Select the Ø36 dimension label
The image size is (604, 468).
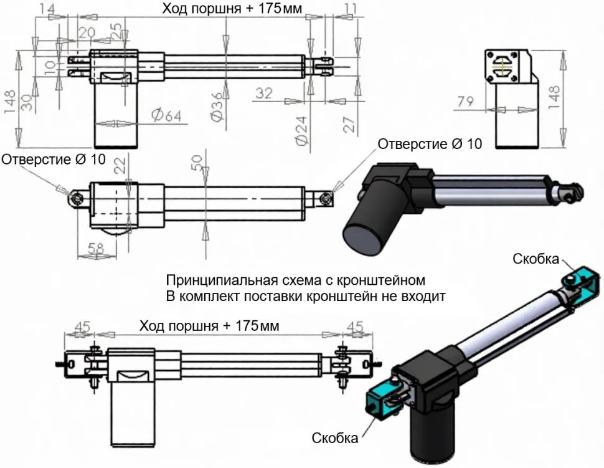click(x=217, y=107)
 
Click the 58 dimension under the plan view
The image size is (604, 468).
click(x=95, y=249)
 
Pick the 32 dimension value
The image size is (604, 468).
click(x=264, y=93)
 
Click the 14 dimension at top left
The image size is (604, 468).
click(x=47, y=8)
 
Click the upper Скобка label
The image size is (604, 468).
click(x=536, y=259)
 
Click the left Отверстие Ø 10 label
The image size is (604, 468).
click(x=54, y=160)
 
